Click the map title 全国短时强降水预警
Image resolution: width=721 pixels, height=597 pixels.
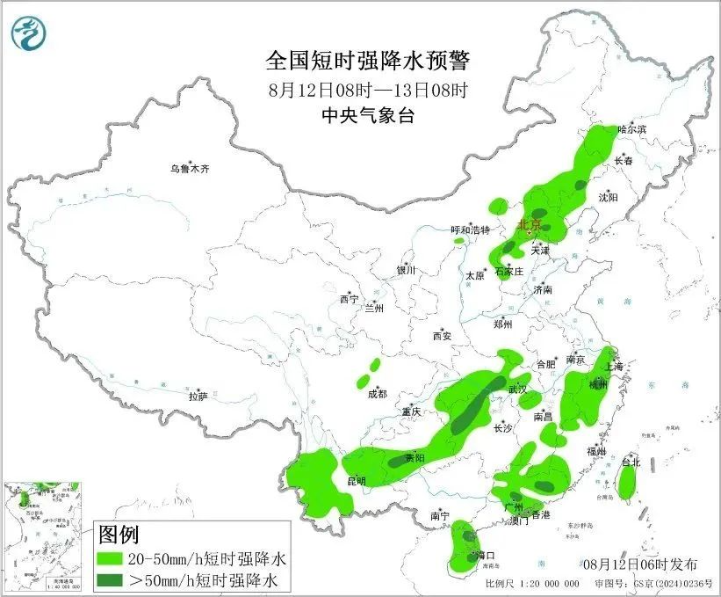pyautogui.click(x=368, y=61)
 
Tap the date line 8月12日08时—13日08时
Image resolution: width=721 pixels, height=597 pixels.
pyautogui.click(x=368, y=90)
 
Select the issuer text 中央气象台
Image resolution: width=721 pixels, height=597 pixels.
pyautogui.click(x=368, y=115)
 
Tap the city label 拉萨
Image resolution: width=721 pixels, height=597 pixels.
pyautogui.click(x=198, y=397)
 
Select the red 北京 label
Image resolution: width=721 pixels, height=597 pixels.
pyautogui.click(x=530, y=224)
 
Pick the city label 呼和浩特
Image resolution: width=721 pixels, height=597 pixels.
pyautogui.click(x=470, y=230)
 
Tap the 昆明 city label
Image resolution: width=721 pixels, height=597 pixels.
pyautogui.click(x=356, y=481)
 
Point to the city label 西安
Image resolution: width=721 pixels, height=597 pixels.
pyautogui.click(x=441, y=336)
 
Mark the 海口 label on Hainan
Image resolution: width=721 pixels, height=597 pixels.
pyautogui.click(x=485, y=556)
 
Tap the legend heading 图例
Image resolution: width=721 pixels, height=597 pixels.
pyautogui.click(x=119, y=534)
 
